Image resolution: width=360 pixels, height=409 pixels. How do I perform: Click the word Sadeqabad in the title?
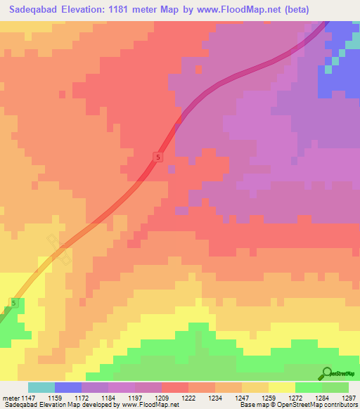point(34,9)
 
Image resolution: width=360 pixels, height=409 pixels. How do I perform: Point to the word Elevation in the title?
point(88,9)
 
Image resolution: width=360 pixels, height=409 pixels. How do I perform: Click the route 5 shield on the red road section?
point(159,158)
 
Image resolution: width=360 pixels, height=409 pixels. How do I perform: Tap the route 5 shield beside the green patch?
point(13,303)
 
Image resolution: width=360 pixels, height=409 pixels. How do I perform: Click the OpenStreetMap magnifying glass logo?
point(327,373)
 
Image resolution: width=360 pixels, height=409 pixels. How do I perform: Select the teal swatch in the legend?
point(41,387)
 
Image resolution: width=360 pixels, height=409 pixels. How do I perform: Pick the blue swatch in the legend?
point(68,387)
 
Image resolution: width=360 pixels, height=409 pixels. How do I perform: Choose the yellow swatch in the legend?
point(281,387)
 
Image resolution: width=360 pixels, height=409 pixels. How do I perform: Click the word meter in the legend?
point(9,398)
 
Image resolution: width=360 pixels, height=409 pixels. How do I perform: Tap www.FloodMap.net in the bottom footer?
point(148,405)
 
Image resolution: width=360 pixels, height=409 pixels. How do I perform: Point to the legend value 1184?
point(108,398)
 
